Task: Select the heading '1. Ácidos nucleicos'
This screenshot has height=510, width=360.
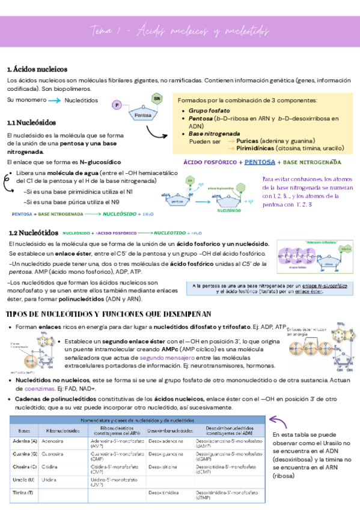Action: [x=37, y=69]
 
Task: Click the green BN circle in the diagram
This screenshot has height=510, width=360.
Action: [x=157, y=97]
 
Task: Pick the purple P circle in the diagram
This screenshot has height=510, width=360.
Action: [x=117, y=106]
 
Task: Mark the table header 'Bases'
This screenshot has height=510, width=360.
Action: [x=25, y=431]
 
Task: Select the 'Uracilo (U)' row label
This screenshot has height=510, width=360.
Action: [x=25, y=480]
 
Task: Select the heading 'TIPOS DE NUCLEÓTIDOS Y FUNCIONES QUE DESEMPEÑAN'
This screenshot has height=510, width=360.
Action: [x=108, y=314]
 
